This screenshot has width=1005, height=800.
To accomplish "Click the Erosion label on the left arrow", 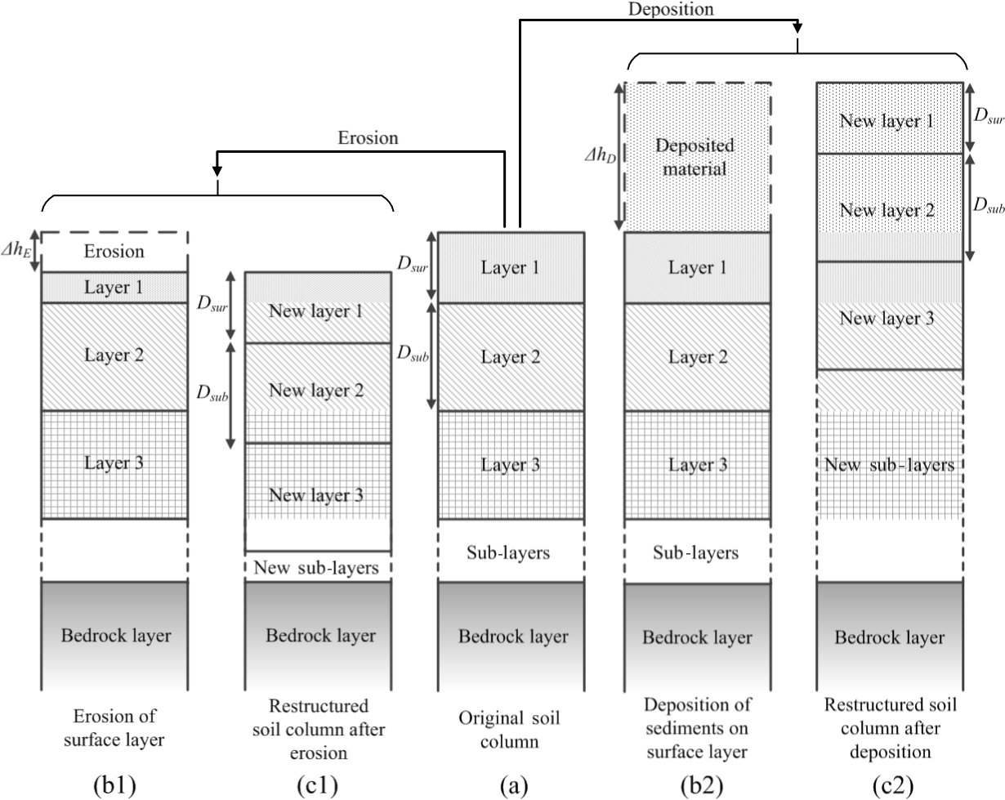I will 368,138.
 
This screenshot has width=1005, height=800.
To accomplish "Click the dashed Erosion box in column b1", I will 114,252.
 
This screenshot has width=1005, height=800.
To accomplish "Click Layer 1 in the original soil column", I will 511,267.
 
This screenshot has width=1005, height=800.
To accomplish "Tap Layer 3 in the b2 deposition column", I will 697,465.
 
